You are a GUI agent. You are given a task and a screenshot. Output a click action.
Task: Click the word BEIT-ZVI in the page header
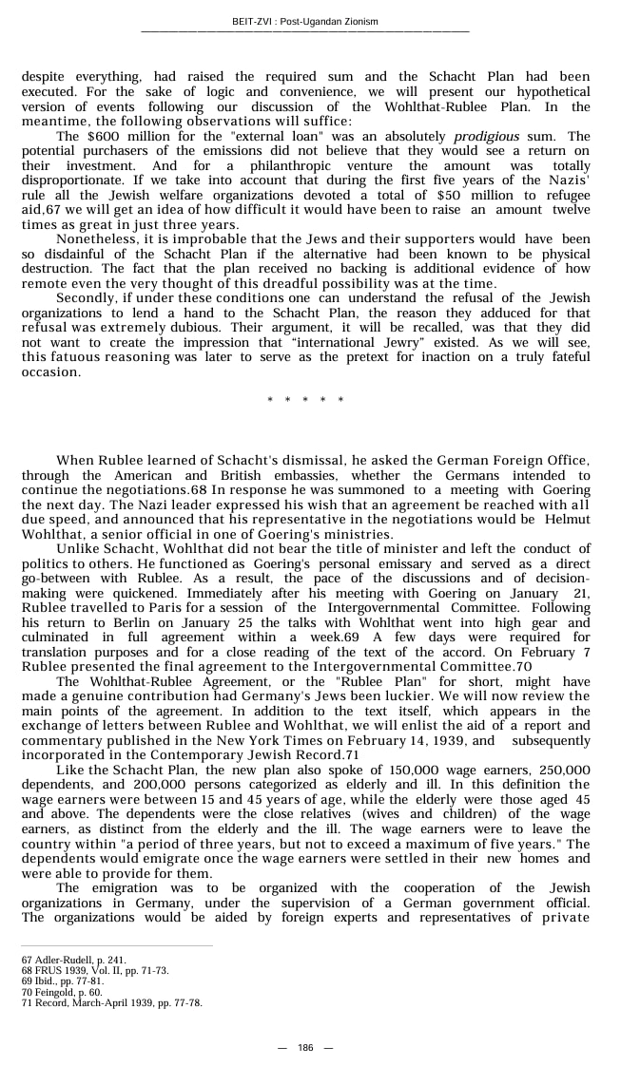point(252,22)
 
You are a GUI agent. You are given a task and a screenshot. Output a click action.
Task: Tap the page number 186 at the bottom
point(305,1047)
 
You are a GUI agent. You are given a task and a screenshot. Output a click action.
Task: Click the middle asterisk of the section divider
point(305,400)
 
